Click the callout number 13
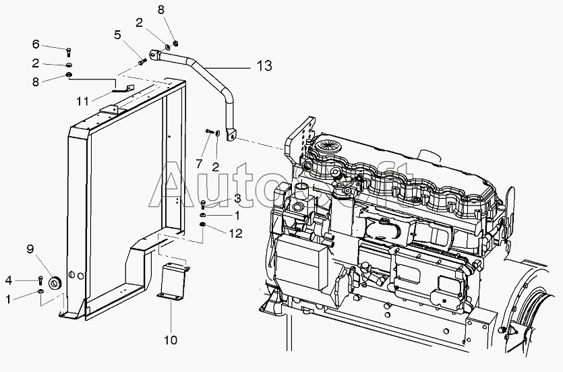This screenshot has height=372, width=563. point(264,66)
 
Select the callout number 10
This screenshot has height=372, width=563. point(171,340)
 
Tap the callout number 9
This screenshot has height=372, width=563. point(30,249)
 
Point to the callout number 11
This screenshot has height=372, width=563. point(82,101)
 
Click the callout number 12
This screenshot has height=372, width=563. point(235,234)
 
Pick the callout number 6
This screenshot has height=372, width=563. point(36,44)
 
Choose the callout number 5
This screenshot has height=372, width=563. point(118,35)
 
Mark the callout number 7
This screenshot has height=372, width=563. point(199,164)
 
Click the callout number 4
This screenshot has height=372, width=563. point(9,280)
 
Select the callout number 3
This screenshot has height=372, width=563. point(237,198)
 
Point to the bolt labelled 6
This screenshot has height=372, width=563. point(69,53)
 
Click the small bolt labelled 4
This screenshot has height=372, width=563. point(40,279)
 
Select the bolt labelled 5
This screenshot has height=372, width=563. point(142,62)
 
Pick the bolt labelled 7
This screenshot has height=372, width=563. point(209,131)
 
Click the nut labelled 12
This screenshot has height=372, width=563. point(203,224)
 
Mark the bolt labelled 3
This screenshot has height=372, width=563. point(203,205)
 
